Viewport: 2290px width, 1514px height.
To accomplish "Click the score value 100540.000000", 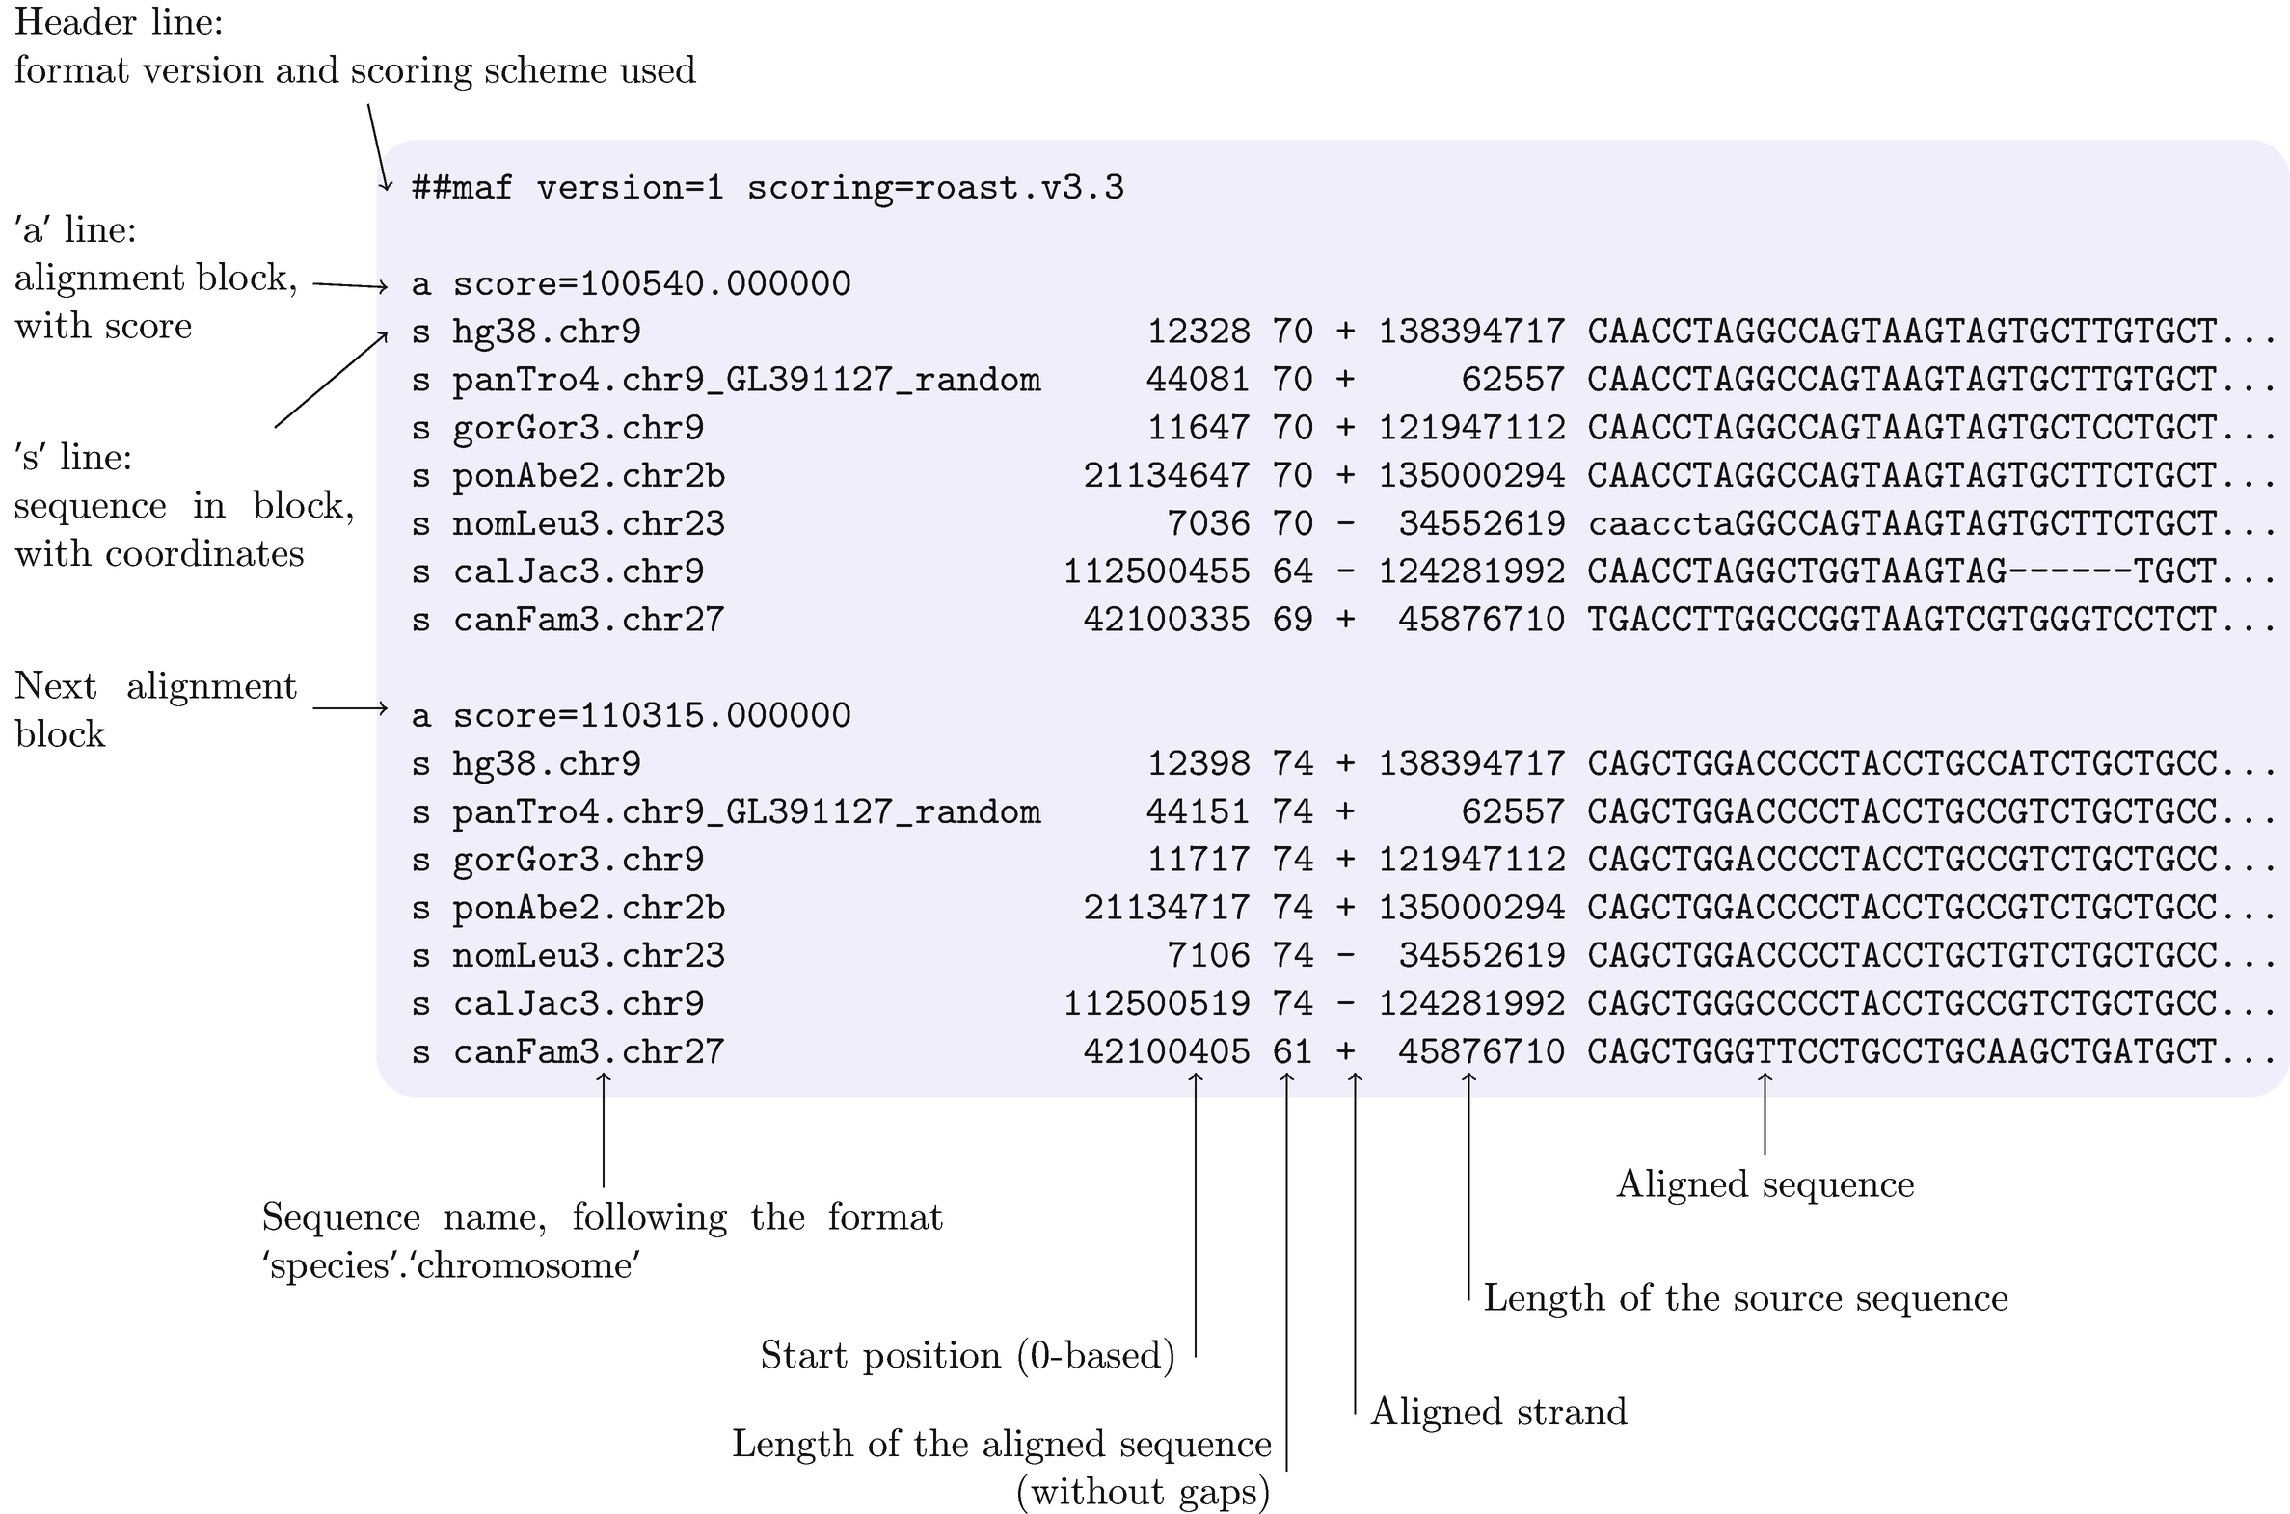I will tap(714, 284).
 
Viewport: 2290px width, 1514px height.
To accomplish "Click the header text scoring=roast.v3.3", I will tap(935, 187).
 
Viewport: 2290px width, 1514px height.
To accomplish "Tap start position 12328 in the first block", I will tap(1198, 332).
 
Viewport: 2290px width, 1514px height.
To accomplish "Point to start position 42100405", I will tap(1166, 1051).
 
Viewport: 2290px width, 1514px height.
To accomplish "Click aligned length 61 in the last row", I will tap(1292, 1051).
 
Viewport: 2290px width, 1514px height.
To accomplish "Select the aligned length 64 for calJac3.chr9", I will tap(1292, 571).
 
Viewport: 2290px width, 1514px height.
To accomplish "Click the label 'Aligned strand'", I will tap(1498, 1413).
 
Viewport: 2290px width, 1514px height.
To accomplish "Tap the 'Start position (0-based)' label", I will tap(967, 1356).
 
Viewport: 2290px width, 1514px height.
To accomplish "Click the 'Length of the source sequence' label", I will tap(1745, 1299).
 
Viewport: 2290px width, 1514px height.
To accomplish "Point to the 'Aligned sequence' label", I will tap(1765, 1184).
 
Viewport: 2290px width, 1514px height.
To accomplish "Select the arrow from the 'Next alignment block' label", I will tap(350, 709).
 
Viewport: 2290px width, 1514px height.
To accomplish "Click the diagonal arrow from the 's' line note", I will tap(332, 380).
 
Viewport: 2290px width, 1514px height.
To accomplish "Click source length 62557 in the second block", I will tap(1512, 812).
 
